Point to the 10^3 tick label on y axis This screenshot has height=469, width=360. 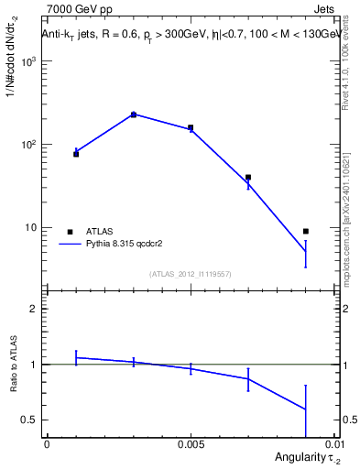pos(27,61)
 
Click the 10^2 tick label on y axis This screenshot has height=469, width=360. pos(27,145)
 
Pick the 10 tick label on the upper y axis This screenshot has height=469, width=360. pos(31,227)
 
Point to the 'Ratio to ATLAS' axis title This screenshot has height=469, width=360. pos(12,365)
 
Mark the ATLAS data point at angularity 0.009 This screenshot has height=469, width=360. pos(306,231)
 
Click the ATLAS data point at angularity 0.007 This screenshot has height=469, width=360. pos(248,178)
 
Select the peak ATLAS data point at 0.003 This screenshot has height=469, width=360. pos(134,115)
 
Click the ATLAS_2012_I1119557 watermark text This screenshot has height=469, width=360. pos(191,273)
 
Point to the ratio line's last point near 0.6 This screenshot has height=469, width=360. pos(306,409)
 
